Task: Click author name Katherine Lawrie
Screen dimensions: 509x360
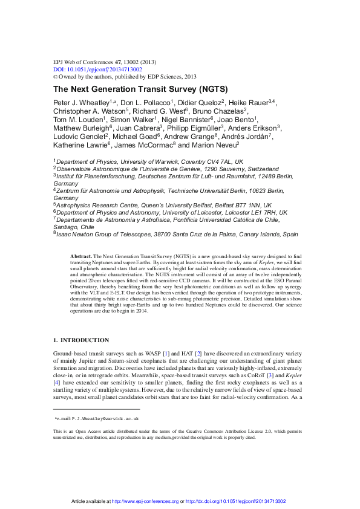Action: pos(80,145)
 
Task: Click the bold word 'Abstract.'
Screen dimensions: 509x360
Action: pos(80,257)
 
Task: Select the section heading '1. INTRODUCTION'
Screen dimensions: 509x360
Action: pos(82,340)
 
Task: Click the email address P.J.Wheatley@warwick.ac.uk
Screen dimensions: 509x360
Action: pos(99,418)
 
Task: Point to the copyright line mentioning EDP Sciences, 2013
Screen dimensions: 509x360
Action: pos(125,77)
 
